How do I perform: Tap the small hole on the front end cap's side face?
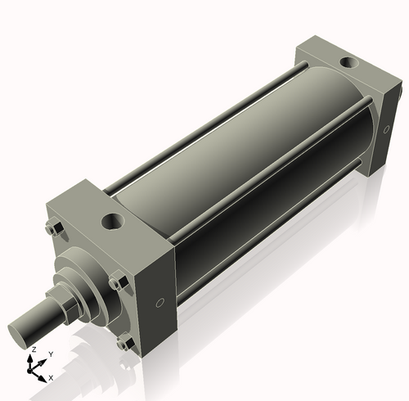pyautogui.click(x=160, y=303)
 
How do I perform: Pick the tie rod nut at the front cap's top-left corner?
pyautogui.click(x=55, y=228)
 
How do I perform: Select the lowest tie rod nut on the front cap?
pyautogui.click(x=123, y=345)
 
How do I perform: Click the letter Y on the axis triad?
pyautogui.click(x=51, y=354)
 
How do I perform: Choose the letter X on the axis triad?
pyautogui.click(x=51, y=377)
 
